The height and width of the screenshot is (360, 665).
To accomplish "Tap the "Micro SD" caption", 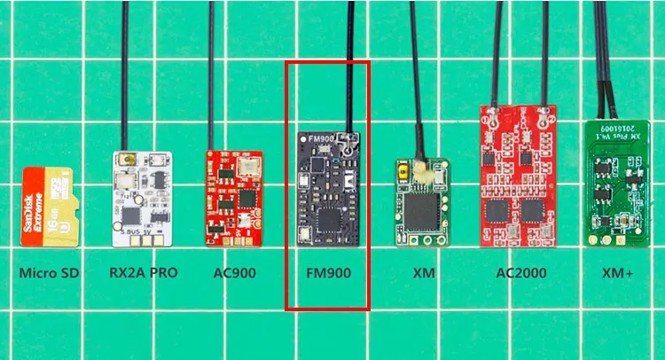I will click(49, 273).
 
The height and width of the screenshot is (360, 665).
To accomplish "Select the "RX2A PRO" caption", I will click(142, 273).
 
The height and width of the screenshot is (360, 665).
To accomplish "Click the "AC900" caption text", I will click(234, 273).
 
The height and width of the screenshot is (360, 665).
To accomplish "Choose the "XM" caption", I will click(424, 273).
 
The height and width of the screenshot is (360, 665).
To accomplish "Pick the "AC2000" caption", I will click(520, 273).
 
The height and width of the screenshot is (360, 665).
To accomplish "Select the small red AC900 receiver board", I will click(235, 198).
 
